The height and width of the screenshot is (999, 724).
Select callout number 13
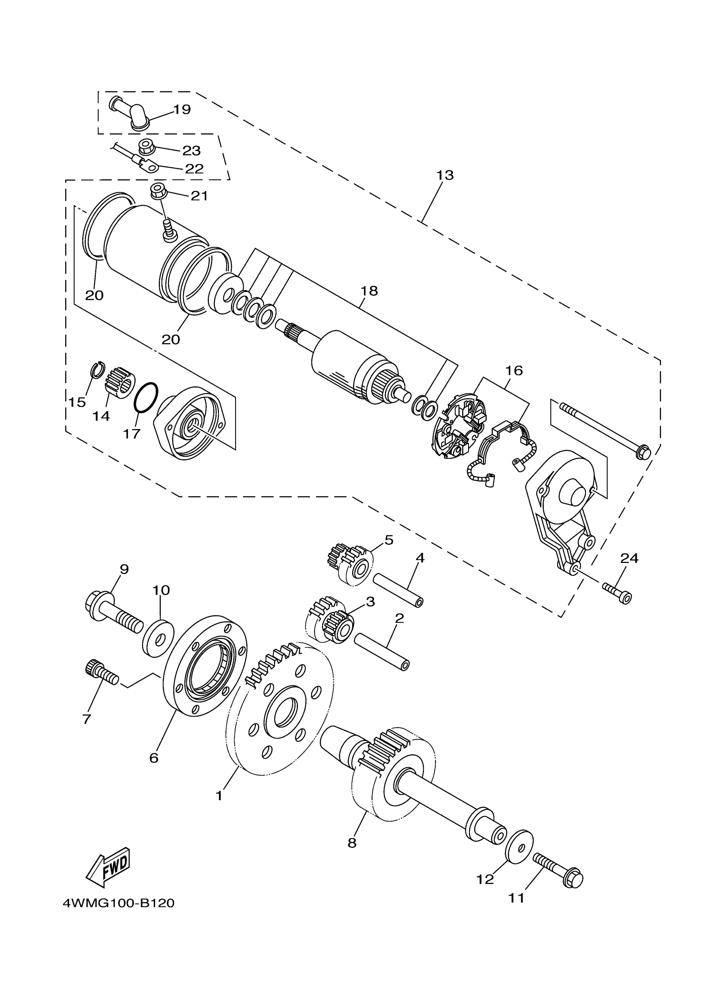(x=445, y=175)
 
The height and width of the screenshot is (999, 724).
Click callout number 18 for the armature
(x=369, y=291)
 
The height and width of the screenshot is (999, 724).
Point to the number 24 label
(x=629, y=558)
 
